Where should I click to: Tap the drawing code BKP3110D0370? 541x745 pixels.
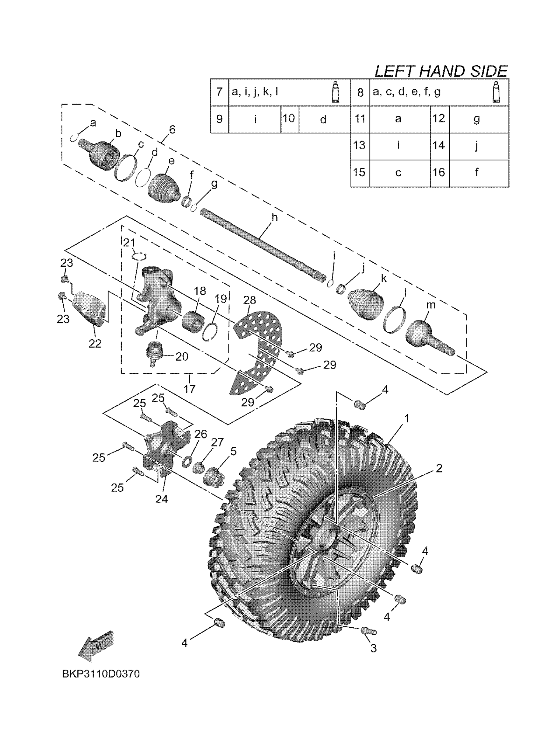click(101, 674)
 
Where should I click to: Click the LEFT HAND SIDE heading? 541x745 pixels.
click(441, 71)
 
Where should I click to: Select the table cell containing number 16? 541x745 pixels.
click(439, 172)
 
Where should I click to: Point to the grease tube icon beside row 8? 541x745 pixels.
click(497, 92)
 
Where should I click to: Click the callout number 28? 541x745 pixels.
click(249, 300)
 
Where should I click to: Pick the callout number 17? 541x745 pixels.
click(189, 389)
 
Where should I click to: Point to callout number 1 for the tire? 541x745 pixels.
click(407, 418)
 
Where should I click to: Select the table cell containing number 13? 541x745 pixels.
click(360, 146)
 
